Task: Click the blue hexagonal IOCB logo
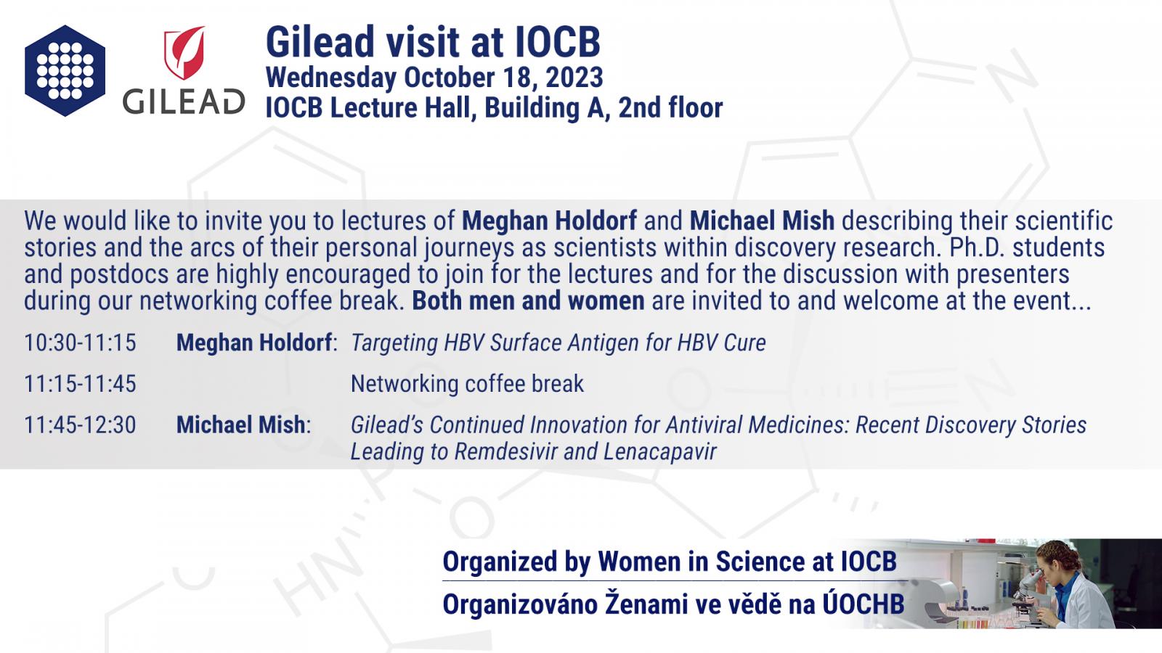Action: (x=65, y=70)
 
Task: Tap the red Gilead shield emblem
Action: (x=184, y=53)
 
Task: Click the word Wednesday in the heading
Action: (x=331, y=78)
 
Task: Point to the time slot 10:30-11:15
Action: (x=81, y=342)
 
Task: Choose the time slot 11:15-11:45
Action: (x=81, y=384)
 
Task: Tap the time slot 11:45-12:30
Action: (x=81, y=425)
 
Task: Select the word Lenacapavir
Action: (x=660, y=452)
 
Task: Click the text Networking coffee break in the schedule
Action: (x=467, y=384)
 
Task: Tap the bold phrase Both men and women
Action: (x=528, y=301)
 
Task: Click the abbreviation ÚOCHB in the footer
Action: (x=864, y=603)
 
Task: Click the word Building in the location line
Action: (x=531, y=108)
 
